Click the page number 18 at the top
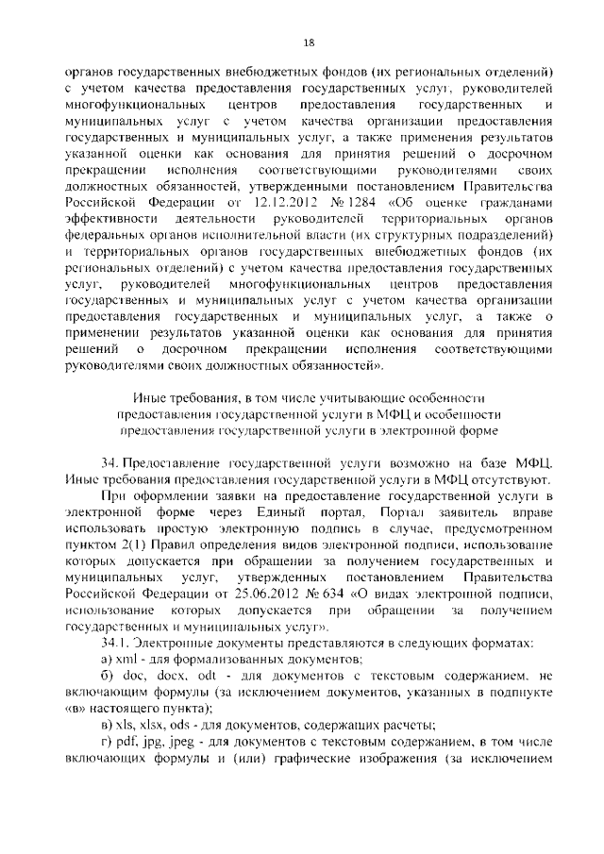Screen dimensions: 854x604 click(309, 42)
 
